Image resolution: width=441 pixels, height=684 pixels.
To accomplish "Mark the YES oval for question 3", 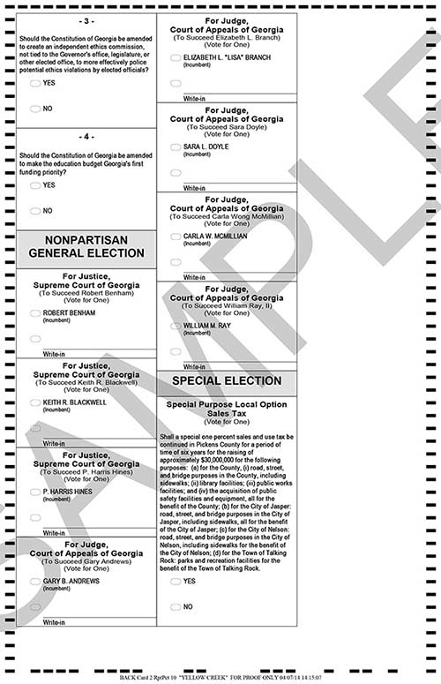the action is coord(34,83).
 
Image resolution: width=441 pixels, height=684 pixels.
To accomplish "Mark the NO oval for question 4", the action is coord(34,211).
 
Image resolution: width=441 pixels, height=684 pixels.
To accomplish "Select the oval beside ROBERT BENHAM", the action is coord(34,313).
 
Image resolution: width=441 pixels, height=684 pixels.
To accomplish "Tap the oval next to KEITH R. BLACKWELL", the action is coord(34,402).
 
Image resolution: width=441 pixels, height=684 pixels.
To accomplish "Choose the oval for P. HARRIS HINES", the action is coord(34,492).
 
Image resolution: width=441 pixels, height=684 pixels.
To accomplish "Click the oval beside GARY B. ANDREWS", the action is coord(34,582).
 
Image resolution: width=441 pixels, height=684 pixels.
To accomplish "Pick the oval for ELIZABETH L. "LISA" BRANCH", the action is coord(176,57).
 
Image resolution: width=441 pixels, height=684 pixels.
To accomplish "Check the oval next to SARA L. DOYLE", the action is coord(176,147).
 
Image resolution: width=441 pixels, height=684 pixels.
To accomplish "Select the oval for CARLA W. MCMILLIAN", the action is coord(176,237).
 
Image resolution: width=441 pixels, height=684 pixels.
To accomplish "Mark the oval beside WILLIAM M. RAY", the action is coord(176,326).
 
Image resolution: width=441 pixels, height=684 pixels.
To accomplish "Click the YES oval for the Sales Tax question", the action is coord(176,582).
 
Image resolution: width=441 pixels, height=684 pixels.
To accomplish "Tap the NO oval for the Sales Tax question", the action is coord(176,607).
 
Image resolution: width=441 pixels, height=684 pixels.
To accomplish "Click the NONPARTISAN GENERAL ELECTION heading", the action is coord(86,246).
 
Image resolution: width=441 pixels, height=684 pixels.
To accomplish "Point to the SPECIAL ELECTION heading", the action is coord(226,381).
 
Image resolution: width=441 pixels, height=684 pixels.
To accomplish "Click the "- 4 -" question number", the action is coord(86,137).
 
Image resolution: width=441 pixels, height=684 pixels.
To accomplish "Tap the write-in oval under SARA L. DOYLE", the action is coord(176,173).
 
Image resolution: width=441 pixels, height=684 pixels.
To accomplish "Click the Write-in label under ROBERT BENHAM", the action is coord(54,354).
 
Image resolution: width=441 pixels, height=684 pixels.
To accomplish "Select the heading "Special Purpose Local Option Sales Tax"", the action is coord(226,409).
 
